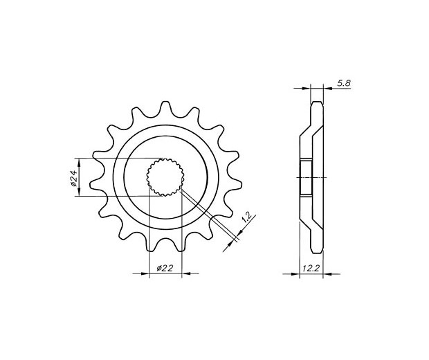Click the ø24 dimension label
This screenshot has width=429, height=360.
74,177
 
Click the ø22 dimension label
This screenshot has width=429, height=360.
165,269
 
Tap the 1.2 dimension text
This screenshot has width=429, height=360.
247,217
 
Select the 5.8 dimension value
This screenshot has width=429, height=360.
343,83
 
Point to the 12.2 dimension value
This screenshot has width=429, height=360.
311,268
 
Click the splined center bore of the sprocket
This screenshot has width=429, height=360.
165,177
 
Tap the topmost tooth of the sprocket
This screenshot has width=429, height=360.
165,108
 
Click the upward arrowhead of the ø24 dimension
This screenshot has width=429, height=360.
79,163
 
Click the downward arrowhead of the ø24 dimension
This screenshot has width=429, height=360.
79,191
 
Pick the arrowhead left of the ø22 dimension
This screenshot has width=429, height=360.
145,273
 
